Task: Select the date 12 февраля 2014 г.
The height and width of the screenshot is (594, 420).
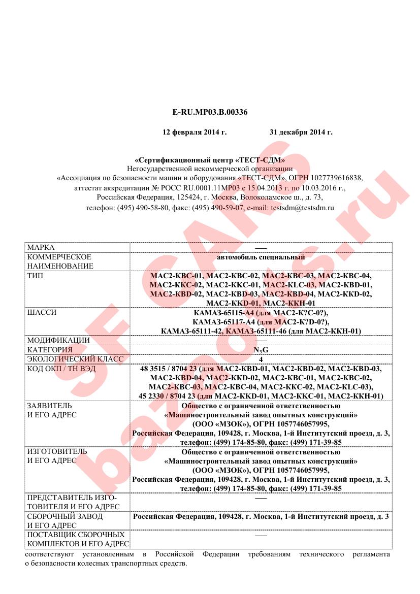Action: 194,132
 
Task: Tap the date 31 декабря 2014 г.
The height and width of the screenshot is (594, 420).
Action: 301,132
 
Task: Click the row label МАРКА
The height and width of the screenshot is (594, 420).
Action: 41,247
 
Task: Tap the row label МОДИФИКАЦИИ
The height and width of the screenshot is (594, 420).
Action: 58,340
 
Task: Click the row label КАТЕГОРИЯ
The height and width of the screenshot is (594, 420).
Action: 50,350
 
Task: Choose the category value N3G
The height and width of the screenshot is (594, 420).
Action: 261,350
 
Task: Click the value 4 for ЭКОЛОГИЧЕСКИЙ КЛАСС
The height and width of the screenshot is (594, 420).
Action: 261,359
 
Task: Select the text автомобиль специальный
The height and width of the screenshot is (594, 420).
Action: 261,257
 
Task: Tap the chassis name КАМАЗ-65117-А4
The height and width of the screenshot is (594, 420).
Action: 224,322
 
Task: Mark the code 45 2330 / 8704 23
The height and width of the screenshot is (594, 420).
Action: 167,396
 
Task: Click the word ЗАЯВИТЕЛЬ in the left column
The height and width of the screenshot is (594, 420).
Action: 49,406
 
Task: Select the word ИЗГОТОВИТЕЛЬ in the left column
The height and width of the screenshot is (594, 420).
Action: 57,451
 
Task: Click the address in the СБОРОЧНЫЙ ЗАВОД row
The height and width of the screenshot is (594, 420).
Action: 261,516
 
